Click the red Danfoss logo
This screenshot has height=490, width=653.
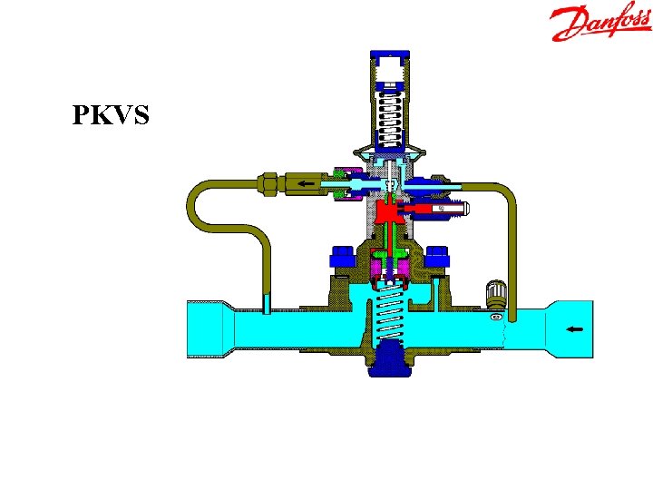click(600, 21)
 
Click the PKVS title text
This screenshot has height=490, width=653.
click(111, 114)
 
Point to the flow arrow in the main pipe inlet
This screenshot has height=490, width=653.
click(576, 329)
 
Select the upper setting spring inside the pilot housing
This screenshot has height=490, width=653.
click(390, 120)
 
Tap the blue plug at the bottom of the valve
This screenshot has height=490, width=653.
click(390, 358)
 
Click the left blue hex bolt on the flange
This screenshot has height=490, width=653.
click(342, 256)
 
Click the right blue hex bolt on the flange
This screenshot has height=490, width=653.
click(437, 256)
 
